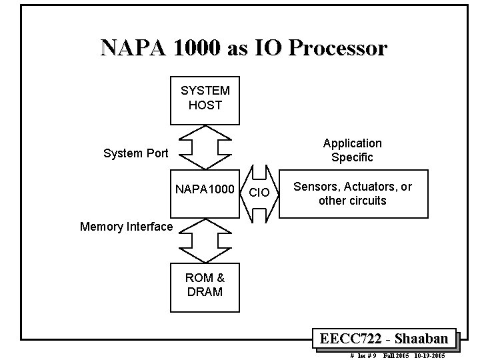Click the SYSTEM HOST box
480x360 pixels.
[205, 99]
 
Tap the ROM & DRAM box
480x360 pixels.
[205, 285]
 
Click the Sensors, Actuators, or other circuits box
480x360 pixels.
[353, 194]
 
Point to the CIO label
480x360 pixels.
[259, 193]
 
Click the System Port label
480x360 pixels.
[136, 153]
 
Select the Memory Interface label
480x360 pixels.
[126, 227]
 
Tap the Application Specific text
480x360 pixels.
[353, 151]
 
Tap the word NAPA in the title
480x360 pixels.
[129, 49]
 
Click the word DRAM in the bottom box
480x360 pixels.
[205, 292]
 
